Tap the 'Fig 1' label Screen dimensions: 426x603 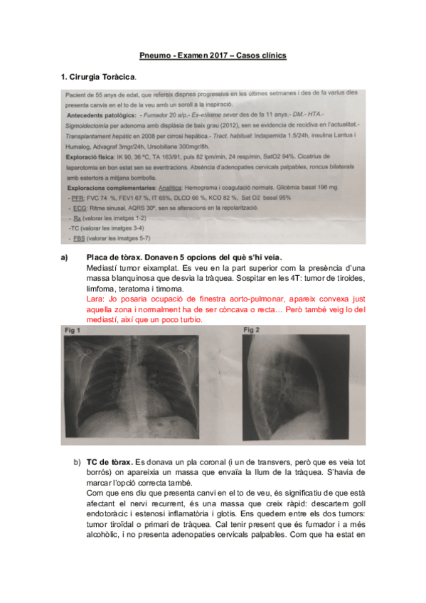tap(72, 331)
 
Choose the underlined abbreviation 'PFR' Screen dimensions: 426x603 tap(80, 197)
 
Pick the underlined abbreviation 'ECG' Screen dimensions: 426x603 tap(81, 208)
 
